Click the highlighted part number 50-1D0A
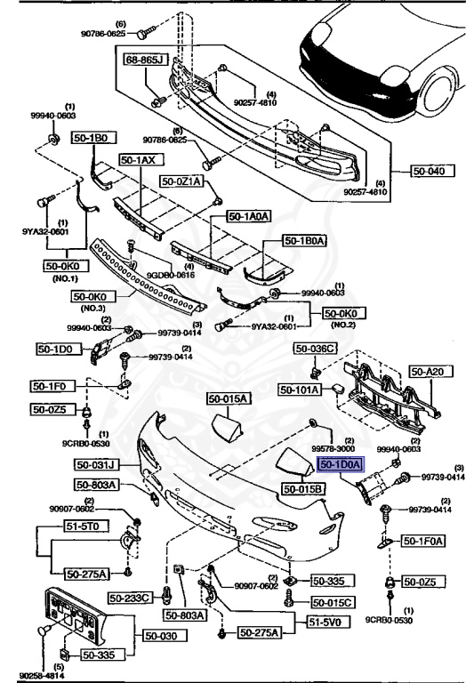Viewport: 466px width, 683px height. point(338,464)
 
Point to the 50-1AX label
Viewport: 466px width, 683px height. point(138,160)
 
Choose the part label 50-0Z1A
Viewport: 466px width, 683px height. point(182,181)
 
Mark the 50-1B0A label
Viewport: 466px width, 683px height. point(305,240)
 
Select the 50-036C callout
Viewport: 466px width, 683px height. point(318,348)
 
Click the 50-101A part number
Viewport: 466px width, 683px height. point(298,389)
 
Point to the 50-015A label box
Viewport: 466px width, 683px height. point(229,398)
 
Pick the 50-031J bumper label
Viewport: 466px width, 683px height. point(95,464)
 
